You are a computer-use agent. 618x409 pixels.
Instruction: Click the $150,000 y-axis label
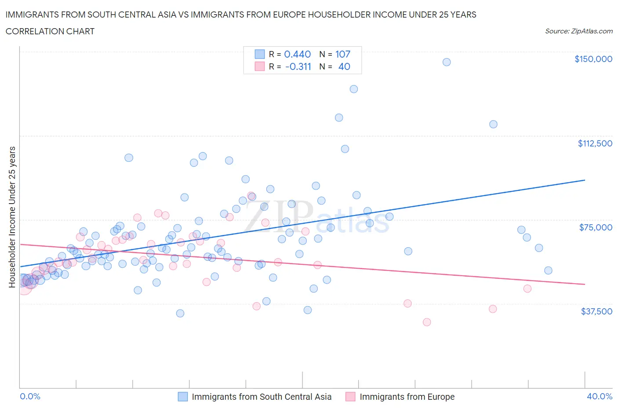(593, 59)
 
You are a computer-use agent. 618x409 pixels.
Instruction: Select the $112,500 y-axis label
(595, 143)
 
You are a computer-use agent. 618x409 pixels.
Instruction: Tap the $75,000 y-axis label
(596, 227)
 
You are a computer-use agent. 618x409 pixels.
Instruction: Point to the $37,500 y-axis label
(596, 311)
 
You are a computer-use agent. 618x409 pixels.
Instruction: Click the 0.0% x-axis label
(30, 396)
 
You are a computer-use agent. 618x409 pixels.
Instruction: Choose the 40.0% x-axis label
(600, 396)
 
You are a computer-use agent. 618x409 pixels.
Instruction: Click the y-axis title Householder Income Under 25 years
(12, 217)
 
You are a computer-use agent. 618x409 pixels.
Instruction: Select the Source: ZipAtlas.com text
(578, 31)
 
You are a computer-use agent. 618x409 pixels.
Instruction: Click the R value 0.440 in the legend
(298, 54)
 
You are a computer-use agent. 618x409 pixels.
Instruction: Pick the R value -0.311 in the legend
(298, 66)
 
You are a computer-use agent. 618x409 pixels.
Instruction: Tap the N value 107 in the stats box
(343, 54)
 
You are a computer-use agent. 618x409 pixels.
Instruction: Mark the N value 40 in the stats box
(344, 66)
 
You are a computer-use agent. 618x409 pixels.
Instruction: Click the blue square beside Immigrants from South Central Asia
(182, 397)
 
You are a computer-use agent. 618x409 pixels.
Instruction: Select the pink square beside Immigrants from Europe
(350, 397)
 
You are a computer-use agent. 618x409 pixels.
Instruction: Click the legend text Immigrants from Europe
(407, 397)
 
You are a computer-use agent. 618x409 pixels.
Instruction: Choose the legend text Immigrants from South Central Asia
(262, 397)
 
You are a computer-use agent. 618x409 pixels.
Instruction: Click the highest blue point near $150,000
(447, 62)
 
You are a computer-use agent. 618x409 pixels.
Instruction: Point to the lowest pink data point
(426, 322)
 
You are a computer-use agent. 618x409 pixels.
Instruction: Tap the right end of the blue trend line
(585, 180)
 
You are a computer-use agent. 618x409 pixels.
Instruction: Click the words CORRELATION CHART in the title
(50, 31)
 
